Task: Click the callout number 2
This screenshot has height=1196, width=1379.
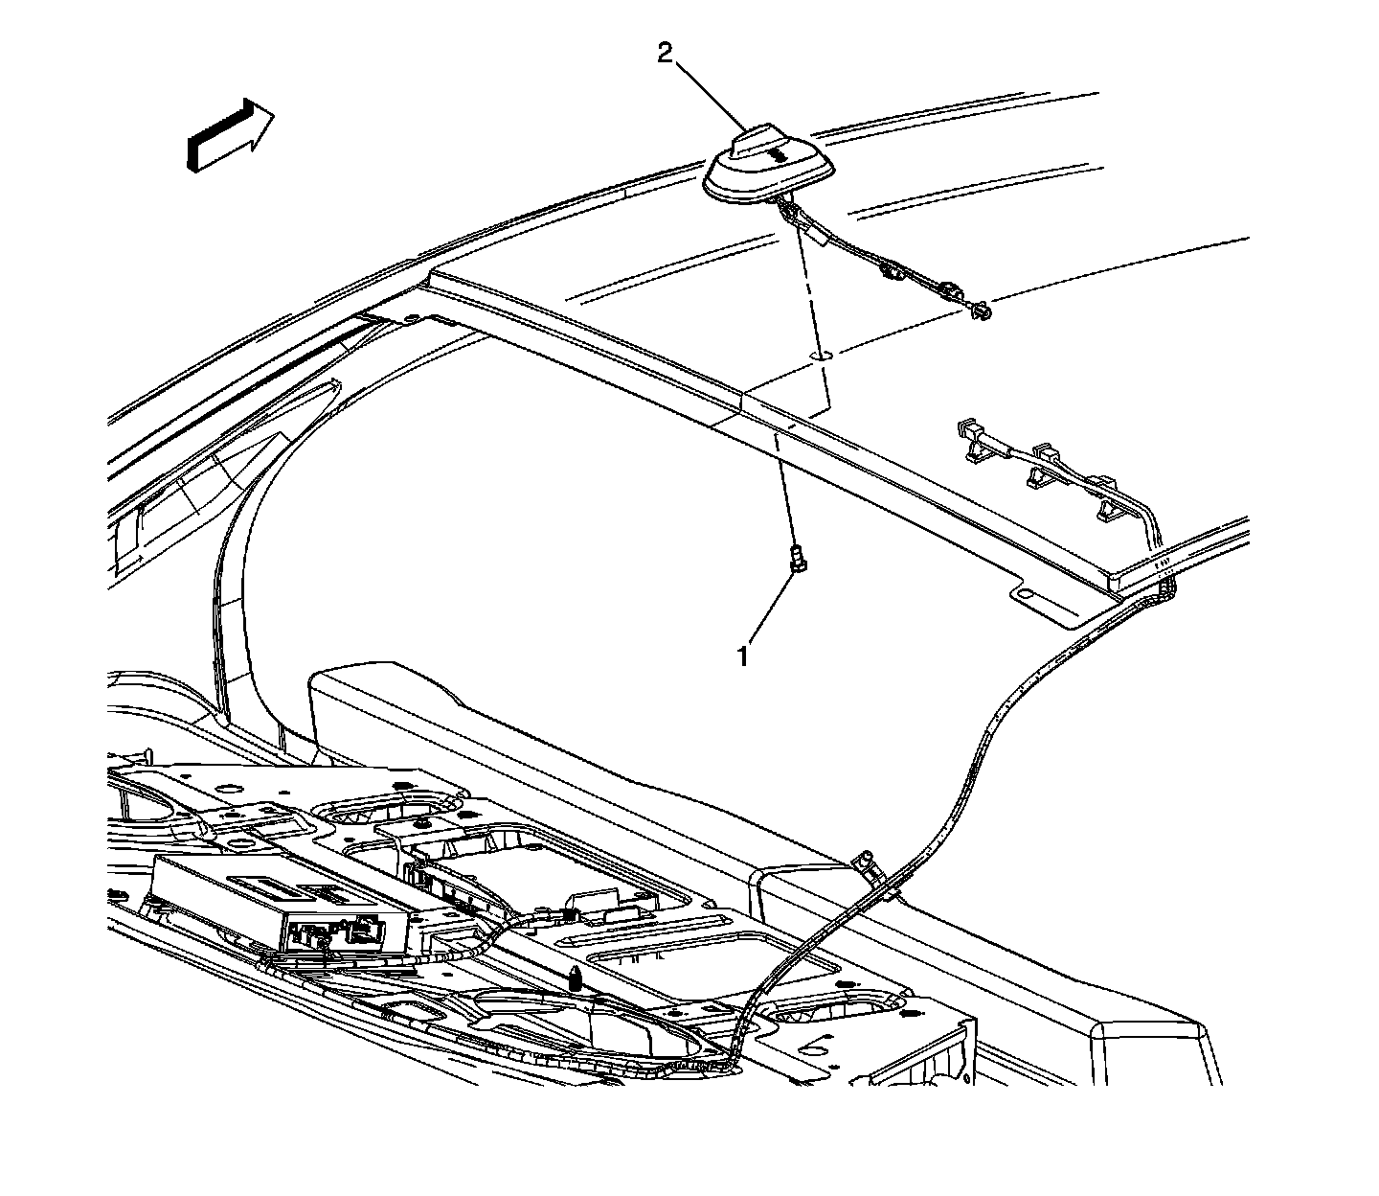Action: coord(666,54)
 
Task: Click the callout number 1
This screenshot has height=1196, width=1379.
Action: coord(742,656)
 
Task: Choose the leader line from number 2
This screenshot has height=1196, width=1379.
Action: coord(712,96)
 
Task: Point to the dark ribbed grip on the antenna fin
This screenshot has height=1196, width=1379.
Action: coord(776,156)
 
